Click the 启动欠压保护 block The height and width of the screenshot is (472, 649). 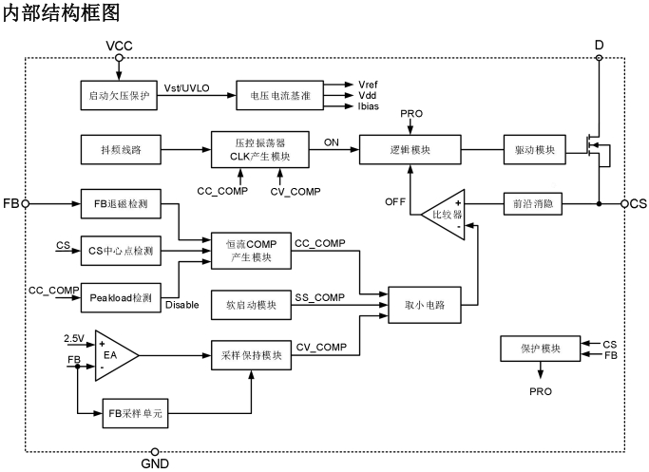[118, 94]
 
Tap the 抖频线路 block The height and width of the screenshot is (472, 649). [118, 151]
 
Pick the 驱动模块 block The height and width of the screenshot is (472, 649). [534, 151]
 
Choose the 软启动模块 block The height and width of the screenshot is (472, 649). [252, 305]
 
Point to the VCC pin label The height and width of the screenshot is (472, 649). [119, 46]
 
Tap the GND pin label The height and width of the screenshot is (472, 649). [155, 463]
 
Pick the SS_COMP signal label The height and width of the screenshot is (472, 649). [320, 297]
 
